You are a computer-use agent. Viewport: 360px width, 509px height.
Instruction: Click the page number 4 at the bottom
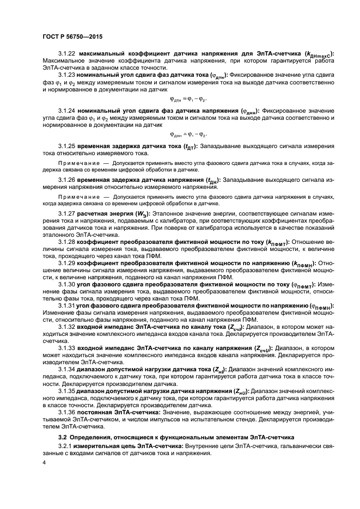pyautogui.click(x=44, y=463)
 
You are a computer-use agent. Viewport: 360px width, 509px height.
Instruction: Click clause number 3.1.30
pyautogui.click(x=67, y=284)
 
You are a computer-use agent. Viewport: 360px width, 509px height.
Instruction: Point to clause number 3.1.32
pyautogui.click(x=67, y=327)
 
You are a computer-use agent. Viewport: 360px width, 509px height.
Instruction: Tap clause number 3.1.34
pyautogui.click(x=67, y=369)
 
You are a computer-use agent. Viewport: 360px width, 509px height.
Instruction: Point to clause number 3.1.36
pyautogui.click(x=67, y=412)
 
